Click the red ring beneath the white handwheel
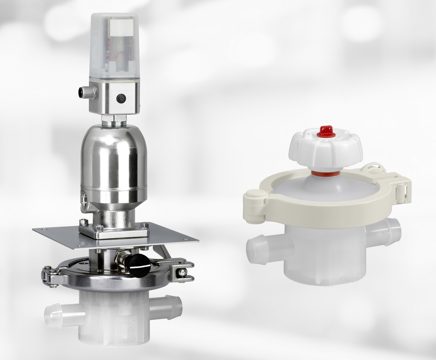pos(325,174)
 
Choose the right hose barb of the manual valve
pos(388,230)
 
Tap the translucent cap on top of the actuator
pos(114,45)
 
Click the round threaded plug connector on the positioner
pos(87,92)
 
